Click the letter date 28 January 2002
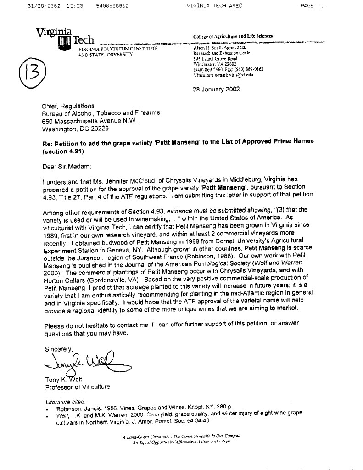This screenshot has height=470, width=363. (x=216, y=89)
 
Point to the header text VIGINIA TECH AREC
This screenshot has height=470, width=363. (x=215, y=6)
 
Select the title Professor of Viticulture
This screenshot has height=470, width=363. (x=78, y=387)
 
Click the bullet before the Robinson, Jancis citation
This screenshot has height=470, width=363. (x=48, y=408)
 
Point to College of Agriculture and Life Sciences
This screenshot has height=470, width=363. (x=233, y=36)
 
